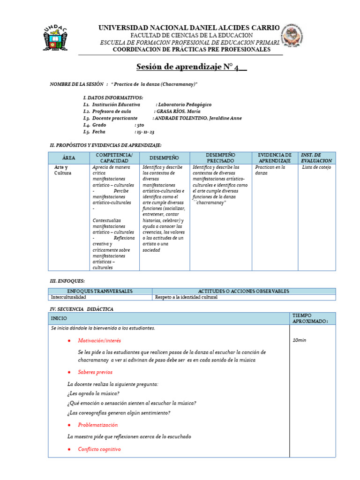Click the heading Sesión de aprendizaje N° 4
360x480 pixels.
tap(191, 67)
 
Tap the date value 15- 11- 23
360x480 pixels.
tap(144, 132)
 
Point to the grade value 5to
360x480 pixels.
tap(140, 125)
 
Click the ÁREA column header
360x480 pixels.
tap(68, 158)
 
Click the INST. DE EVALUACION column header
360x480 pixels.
tap(316, 158)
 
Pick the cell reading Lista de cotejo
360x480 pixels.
tap(316, 167)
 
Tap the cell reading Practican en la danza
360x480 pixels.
tap(270, 170)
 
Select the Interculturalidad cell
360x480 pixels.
tap(68, 297)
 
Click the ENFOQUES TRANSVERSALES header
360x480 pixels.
tap(100, 291)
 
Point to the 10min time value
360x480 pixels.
tap(299, 340)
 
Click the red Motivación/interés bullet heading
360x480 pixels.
tap(99, 340)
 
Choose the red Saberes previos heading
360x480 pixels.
tap(95, 372)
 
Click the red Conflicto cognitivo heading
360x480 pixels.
tap(99, 449)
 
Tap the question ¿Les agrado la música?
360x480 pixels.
tap(93, 394)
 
